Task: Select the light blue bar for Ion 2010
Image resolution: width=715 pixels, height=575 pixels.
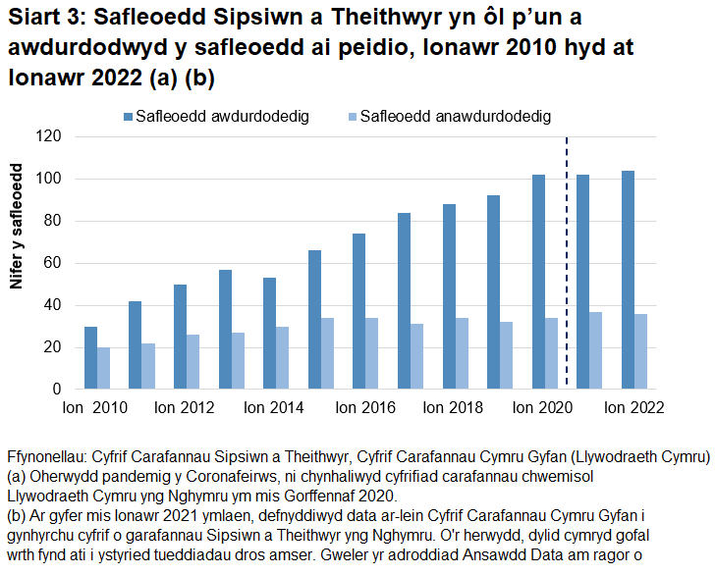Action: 104,368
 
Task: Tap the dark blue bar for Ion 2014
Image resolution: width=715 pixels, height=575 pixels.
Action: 268,334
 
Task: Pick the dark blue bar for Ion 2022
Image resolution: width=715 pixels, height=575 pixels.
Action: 627,280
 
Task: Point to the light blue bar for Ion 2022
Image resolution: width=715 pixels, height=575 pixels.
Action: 641,351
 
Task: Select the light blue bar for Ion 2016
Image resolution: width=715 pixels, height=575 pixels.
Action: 372,353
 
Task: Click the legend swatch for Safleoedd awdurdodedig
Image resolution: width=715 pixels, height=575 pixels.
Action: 128,117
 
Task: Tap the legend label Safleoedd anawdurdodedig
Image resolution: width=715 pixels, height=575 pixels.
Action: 455,117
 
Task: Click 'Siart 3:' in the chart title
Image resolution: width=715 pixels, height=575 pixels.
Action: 45,21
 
